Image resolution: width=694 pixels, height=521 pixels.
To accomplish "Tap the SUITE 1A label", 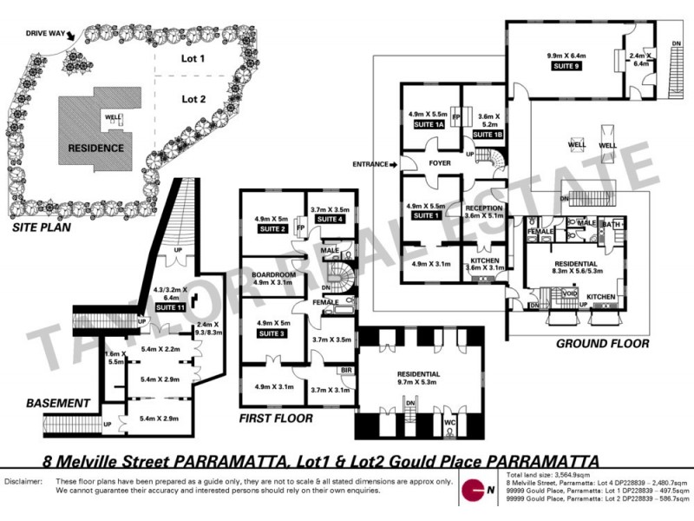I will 427,127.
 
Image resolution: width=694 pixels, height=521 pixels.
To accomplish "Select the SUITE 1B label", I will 488,135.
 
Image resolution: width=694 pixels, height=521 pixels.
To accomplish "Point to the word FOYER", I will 440,162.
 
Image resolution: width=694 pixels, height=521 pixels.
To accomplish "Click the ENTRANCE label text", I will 371,162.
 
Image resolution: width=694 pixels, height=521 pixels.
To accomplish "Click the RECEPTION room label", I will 484,208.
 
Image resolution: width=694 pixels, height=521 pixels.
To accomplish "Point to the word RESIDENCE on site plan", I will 95,148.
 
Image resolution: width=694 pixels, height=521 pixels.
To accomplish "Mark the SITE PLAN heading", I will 42,229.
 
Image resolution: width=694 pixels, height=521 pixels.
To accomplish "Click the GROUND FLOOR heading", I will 602,344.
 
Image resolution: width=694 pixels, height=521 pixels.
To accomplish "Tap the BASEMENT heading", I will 58,403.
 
